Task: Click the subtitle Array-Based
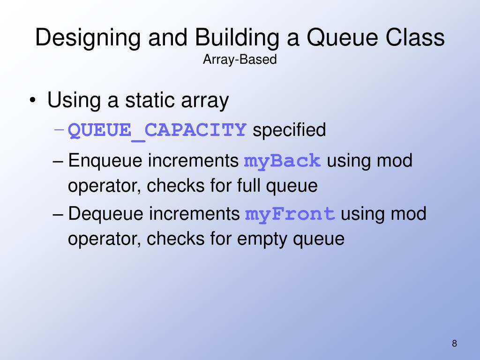pos(240,60)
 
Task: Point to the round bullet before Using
pos(32,101)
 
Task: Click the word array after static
pos(205,101)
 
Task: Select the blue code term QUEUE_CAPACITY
pos(157,130)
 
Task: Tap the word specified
pos(289,130)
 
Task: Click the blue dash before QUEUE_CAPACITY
pos(59,130)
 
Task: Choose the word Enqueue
pos(105,161)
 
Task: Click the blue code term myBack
pos(283,161)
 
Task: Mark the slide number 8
pos(454,343)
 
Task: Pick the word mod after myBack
pos(395,161)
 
